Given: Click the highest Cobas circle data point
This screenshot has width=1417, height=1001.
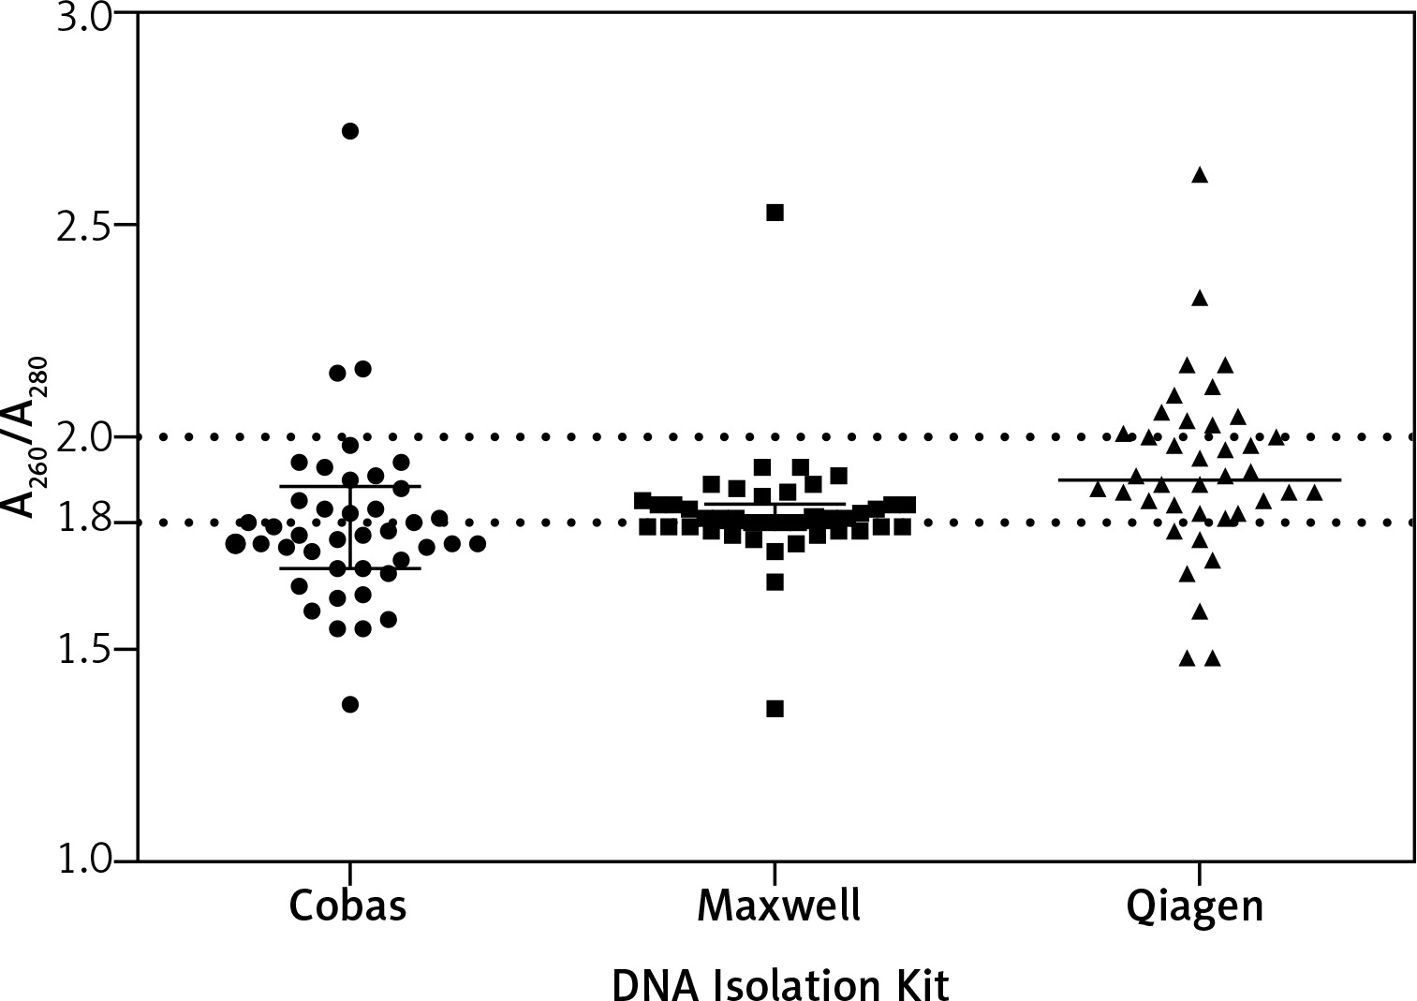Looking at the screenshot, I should (x=349, y=131).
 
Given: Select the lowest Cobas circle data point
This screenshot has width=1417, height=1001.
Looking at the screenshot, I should (x=349, y=704).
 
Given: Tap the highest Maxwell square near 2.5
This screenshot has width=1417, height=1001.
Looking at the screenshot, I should (x=775, y=213).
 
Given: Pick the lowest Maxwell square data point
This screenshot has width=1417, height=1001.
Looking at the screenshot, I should (x=775, y=709).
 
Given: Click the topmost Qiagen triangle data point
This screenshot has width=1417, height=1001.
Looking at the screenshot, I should (x=1199, y=175).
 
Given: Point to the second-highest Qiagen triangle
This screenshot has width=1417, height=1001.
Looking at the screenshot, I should (x=1199, y=299).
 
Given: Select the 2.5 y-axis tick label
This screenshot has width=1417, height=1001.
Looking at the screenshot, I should (x=84, y=226).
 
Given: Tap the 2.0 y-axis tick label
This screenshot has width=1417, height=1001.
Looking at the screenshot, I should (x=84, y=436).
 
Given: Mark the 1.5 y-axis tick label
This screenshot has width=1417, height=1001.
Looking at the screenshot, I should (x=84, y=649).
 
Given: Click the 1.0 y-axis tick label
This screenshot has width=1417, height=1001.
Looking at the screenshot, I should (x=84, y=860).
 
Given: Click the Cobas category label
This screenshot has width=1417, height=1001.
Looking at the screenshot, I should (x=348, y=905).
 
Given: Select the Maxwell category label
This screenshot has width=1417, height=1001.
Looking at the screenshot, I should (x=778, y=905).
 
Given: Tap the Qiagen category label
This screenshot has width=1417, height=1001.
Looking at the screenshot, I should (x=1196, y=907).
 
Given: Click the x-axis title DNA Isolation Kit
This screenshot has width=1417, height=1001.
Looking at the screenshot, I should (x=780, y=984).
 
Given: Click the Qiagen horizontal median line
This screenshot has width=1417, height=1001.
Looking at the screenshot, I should (x=1311, y=479).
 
